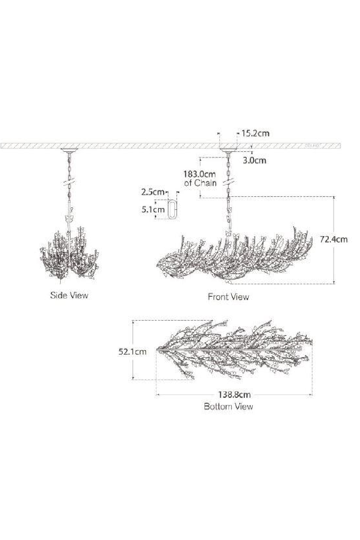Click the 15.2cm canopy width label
point(255,134)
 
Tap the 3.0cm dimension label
point(254,160)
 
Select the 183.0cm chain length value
point(200,174)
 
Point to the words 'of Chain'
point(201,183)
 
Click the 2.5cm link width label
point(153,192)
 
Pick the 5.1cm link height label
point(153,210)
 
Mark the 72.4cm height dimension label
point(334,239)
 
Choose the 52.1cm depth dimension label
point(132,351)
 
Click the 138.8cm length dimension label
point(234,395)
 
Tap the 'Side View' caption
point(69,296)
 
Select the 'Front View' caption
point(228,297)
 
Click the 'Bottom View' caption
point(228,406)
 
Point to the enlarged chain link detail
point(173,209)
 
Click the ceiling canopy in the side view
point(69,150)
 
